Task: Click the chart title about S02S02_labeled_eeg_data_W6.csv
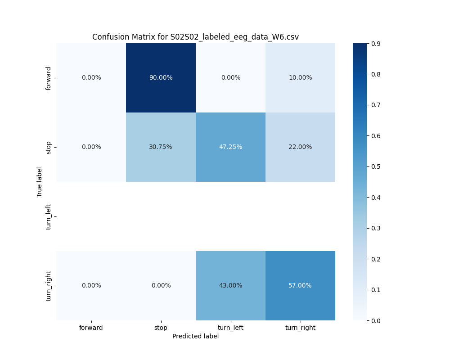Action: pos(195,37)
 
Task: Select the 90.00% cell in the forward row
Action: pos(161,77)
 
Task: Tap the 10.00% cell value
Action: pos(300,77)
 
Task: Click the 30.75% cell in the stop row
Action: pos(161,147)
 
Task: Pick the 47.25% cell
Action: pos(230,147)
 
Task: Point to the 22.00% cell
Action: pos(300,147)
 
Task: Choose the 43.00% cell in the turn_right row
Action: pos(230,285)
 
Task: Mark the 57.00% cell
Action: pos(300,285)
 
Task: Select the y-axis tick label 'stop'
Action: pos(49,147)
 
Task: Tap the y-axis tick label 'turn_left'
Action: pos(49,216)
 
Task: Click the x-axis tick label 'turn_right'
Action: pos(300,328)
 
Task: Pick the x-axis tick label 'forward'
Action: pos(91,328)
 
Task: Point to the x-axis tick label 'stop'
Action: pos(161,328)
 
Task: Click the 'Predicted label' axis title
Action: pos(195,336)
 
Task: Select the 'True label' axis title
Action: pos(40,182)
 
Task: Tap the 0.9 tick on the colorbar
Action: pos(375,44)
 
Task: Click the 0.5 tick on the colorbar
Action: pos(375,166)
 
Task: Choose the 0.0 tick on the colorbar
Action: pos(375,320)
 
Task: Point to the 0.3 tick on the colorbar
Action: pos(375,228)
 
